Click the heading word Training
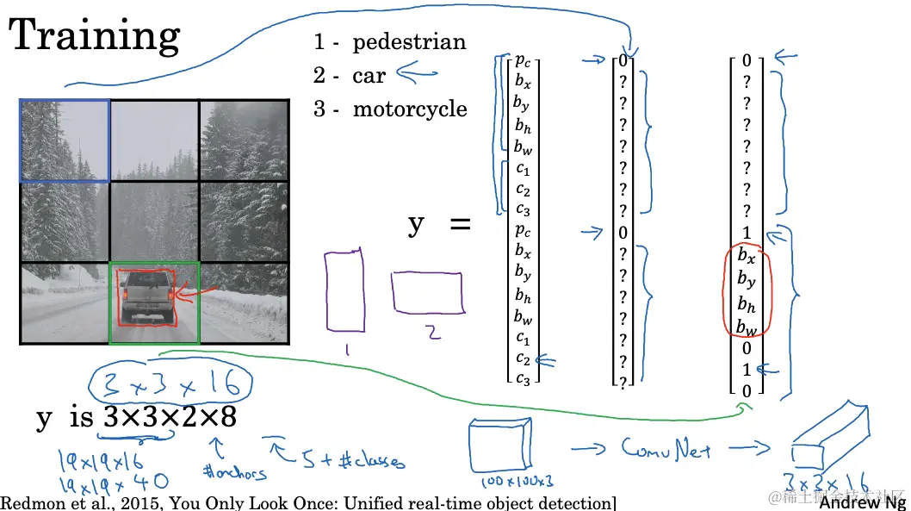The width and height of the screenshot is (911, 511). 95,36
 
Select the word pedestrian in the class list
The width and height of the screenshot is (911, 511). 409,42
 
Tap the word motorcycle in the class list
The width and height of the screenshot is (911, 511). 410,109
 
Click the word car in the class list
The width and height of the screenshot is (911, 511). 369,76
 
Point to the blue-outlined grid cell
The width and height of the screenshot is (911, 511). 65,140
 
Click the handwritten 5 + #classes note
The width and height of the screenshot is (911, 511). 340,461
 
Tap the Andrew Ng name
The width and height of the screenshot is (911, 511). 862,502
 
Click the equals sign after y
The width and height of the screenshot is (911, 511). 461,226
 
